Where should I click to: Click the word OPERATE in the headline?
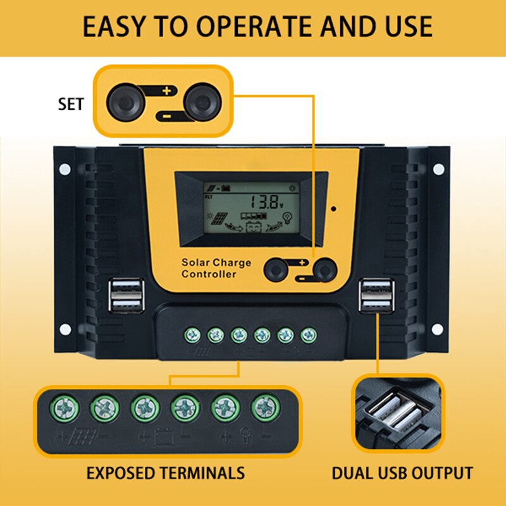click(x=247, y=27)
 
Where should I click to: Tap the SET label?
click(x=70, y=104)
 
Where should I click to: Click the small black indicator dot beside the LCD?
click(x=333, y=208)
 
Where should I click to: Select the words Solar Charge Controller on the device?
click(x=216, y=268)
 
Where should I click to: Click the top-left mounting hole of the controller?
click(x=64, y=169)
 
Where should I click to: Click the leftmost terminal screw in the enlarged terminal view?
click(x=65, y=409)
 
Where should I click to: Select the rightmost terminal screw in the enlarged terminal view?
click(x=265, y=409)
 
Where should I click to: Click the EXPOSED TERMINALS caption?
click(x=165, y=472)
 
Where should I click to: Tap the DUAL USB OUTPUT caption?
click(x=402, y=472)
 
